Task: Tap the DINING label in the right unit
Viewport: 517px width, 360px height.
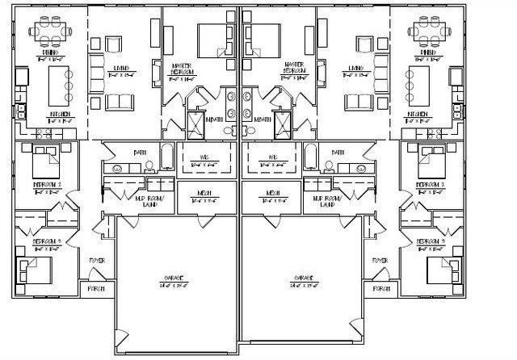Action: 427,52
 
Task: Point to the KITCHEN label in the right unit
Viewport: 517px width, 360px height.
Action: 418,115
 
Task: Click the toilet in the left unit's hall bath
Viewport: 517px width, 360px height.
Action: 149,167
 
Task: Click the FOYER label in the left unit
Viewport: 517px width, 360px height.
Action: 95,261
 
